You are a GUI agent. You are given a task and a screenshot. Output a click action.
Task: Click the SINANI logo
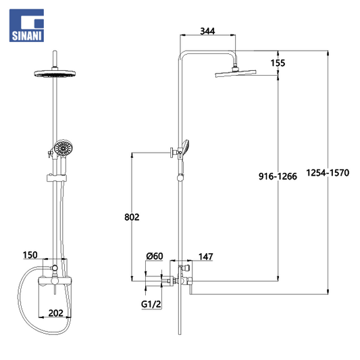26,26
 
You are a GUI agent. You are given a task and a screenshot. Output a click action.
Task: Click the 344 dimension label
207,31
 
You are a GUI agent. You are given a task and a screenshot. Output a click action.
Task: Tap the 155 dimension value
278,63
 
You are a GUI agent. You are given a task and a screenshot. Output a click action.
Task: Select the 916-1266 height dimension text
278,176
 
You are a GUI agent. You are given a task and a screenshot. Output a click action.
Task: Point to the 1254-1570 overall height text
328,173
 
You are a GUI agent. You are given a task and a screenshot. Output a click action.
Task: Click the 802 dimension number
132,217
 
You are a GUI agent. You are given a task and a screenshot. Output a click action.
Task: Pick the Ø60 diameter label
155,256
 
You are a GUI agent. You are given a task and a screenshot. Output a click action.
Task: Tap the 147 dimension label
206,257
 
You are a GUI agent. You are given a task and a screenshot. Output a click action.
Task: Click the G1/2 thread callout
151,304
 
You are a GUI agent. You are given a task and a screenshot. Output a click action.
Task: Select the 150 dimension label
30,255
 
